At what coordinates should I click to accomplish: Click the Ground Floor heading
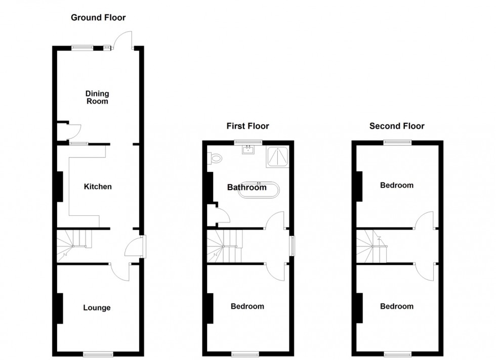click(x=98, y=18)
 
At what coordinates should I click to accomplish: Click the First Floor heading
click(x=247, y=126)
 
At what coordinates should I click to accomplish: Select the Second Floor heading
click(x=397, y=126)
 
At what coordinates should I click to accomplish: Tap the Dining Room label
click(x=97, y=97)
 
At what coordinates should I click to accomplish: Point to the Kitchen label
click(x=98, y=187)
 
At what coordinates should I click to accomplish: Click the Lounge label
click(x=97, y=307)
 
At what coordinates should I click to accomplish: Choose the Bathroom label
click(x=246, y=188)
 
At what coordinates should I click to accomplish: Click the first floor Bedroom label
click(x=247, y=306)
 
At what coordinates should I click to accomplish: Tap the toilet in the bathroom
click(x=215, y=159)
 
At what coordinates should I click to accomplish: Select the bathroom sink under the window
click(x=248, y=150)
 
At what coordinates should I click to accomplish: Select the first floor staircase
click(x=224, y=245)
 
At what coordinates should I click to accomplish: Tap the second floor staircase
click(x=373, y=245)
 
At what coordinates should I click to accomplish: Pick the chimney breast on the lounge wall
click(x=60, y=308)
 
